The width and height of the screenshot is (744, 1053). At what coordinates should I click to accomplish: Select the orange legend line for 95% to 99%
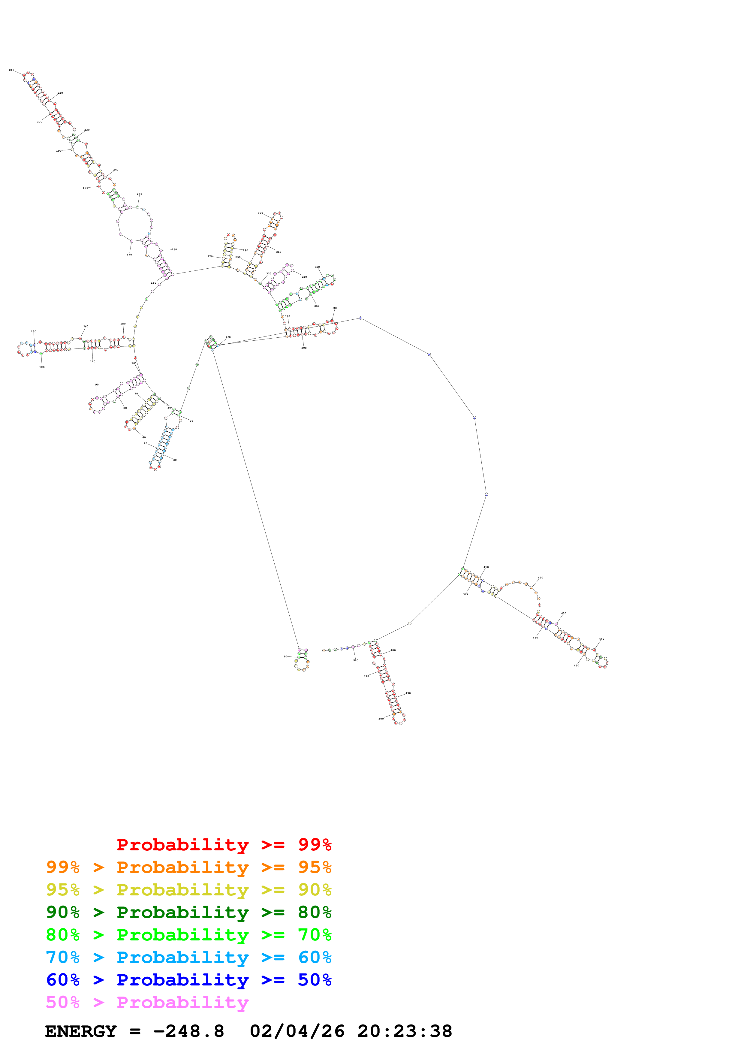pos(188,867)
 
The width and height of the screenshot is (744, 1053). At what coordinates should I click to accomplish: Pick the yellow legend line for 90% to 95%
pos(188,890)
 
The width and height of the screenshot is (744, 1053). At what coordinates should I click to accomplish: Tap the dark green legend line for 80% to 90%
pos(188,912)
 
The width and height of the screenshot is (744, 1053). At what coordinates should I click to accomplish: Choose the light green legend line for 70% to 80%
pos(188,935)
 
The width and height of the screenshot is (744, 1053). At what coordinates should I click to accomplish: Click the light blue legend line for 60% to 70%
pos(188,957)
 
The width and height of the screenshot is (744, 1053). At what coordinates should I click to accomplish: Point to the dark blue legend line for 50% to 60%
pos(188,980)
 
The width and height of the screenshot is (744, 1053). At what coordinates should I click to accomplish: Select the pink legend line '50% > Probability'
pos(147,1002)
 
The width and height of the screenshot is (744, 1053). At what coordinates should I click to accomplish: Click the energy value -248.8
pos(188,1031)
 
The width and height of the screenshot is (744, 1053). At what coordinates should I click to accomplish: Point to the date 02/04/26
pos(297,1031)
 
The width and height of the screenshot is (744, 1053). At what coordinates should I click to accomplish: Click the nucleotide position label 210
pos(11,70)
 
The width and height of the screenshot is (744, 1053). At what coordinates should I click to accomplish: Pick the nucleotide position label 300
pos(261,213)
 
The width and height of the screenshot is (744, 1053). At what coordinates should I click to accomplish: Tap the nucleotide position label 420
pos(541,578)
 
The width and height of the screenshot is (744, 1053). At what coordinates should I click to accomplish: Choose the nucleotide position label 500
pos(381,719)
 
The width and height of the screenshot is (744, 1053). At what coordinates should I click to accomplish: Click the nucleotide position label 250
pos(139,194)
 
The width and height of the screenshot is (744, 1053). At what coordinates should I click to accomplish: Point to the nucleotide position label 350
pos(317,267)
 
